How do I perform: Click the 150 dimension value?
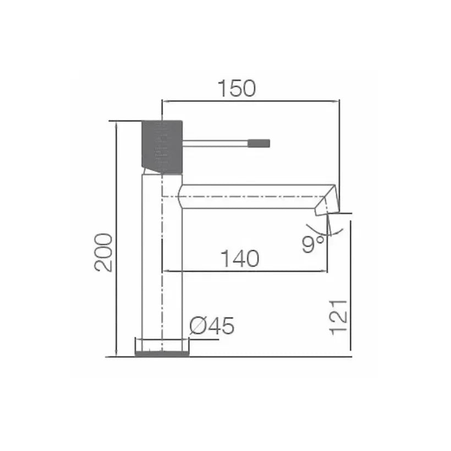237,89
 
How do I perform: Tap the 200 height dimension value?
103,252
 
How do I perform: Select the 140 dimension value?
240,258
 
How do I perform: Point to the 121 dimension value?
339,317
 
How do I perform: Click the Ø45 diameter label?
212,326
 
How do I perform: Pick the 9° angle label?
313,244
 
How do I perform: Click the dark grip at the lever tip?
259,143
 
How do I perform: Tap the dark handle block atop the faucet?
162,147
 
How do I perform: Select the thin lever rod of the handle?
216,143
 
